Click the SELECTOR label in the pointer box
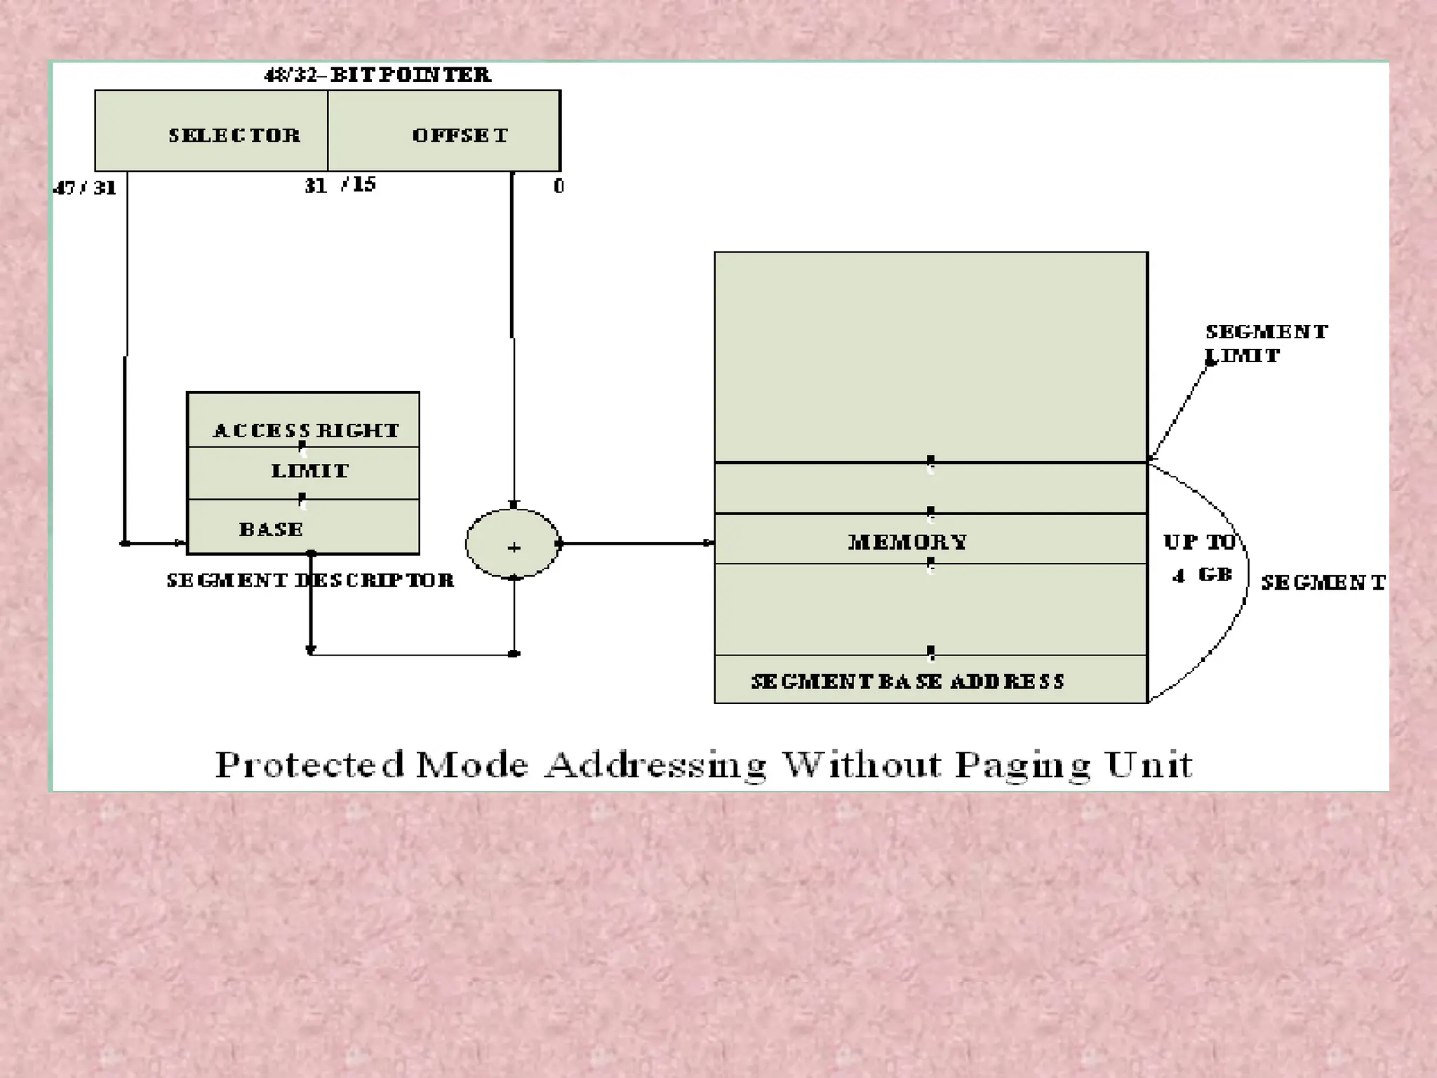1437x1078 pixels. pos(234,135)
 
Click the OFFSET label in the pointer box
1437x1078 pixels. pos(460,135)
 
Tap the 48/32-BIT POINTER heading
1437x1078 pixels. pos(377,75)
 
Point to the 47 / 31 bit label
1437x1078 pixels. pos(85,188)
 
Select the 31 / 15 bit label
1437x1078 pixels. pos(340,185)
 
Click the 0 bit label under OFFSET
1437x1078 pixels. pos(559,186)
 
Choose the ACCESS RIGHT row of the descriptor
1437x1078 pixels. pos(306,430)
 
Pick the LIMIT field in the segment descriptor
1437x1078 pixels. pos(309,471)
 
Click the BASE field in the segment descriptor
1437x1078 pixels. pos(271,529)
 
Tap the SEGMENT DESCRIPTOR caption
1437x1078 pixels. pos(310,580)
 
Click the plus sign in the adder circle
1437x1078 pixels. pos(514,547)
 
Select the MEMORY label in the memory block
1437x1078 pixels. pos(907,542)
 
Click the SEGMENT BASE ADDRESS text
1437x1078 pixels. pos(907,681)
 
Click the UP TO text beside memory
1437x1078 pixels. pos(1199,542)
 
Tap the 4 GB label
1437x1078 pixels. pos(1202,576)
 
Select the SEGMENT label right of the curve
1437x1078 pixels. pos(1323,583)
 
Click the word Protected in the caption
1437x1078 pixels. pos(310,764)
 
